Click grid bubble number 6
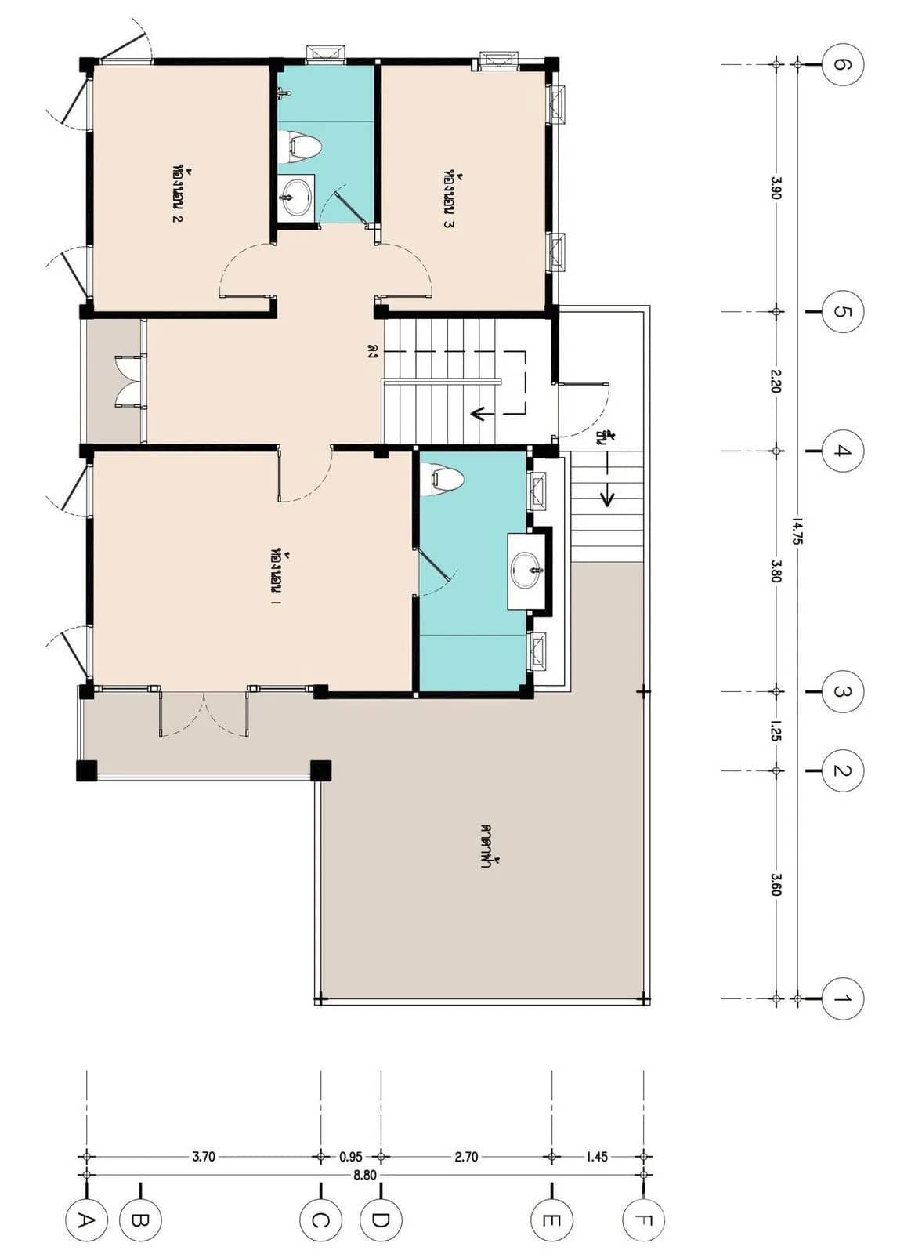click(x=843, y=64)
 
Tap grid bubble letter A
click(x=86, y=1220)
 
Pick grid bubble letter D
click(x=381, y=1220)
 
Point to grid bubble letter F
click(x=643, y=1220)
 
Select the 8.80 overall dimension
click(x=364, y=1175)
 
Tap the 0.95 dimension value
click(x=351, y=1156)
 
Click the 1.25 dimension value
click(x=776, y=730)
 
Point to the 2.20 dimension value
click(x=776, y=381)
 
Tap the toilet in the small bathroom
click(x=300, y=147)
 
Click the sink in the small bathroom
click(x=296, y=196)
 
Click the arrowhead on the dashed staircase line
click(x=476, y=414)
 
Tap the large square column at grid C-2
click(x=320, y=770)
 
